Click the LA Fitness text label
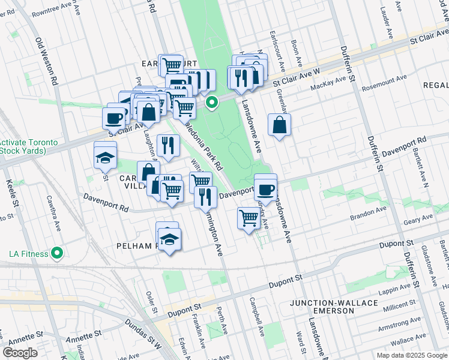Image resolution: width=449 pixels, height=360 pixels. [28, 254]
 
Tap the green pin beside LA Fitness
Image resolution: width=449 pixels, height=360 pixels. [57, 253]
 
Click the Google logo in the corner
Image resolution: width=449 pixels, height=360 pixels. [20, 353]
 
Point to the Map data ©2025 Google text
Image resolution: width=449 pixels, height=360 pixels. [411, 355]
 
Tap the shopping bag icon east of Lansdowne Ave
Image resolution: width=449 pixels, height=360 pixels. [280, 125]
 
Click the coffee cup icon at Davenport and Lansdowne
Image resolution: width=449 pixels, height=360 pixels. [265, 190]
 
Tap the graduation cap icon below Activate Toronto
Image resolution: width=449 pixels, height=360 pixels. [105, 158]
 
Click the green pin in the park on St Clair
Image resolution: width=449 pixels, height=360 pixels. [212, 103]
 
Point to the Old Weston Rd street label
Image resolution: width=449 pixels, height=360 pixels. [46, 61]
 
